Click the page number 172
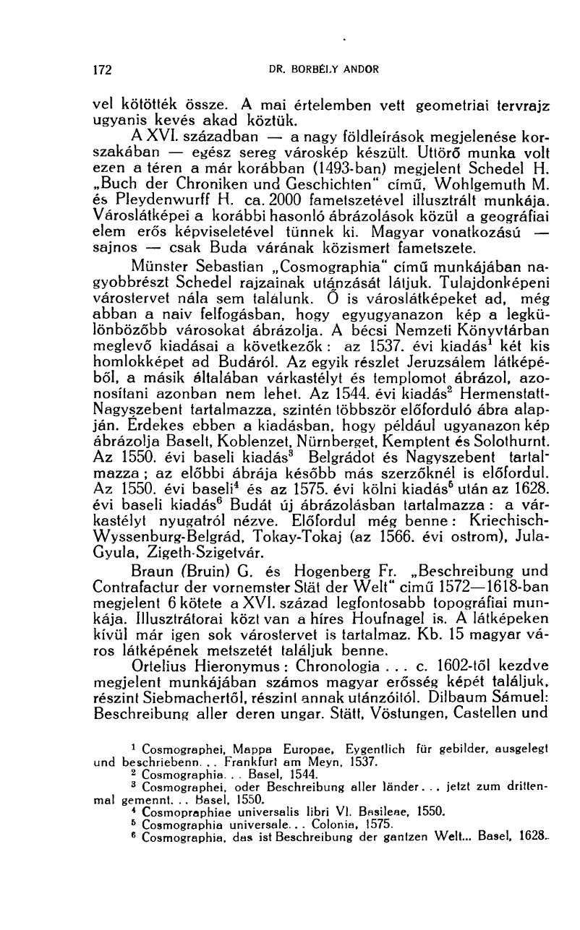tap(105, 71)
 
